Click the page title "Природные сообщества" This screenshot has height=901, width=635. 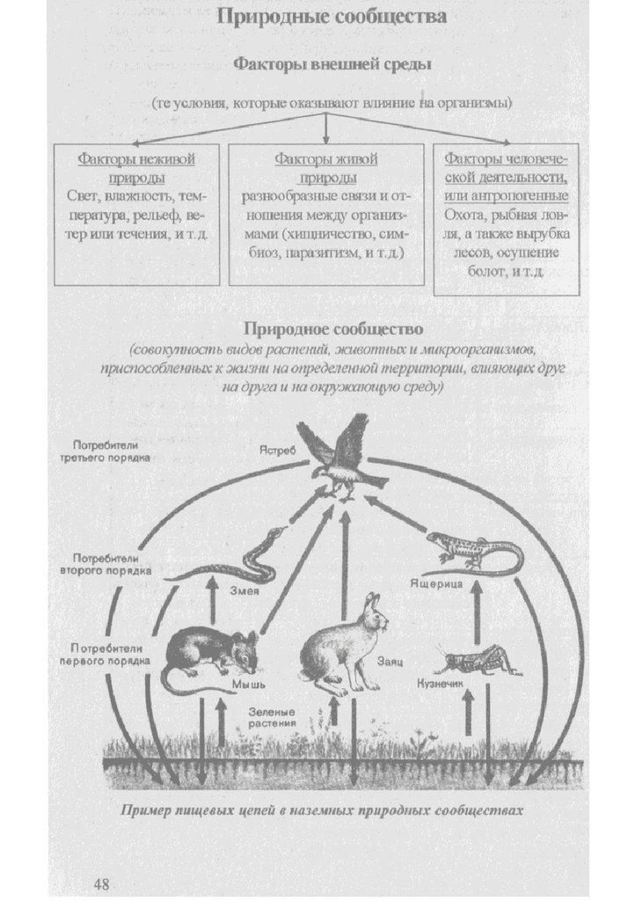coord(332,17)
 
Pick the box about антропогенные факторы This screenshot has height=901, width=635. coord(507,217)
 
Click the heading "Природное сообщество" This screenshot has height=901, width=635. coord(332,329)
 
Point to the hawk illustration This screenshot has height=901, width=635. coord(342,458)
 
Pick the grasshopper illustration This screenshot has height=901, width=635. coord(474,660)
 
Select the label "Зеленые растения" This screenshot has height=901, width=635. coord(272,716)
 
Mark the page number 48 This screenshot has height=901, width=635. coord(103,883)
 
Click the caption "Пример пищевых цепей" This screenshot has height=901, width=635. coord(322,810)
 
